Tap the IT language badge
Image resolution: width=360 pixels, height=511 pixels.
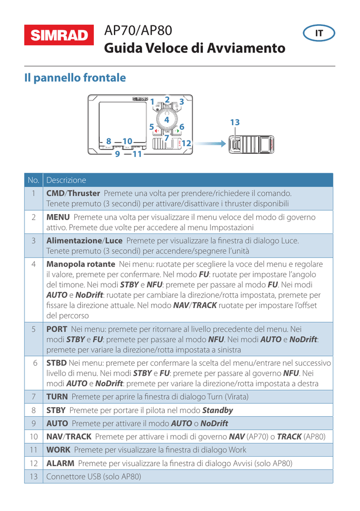pyautogui.click(x=319, y=34)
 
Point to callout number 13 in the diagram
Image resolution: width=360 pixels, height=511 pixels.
pyautogui.click(x=235, y=122)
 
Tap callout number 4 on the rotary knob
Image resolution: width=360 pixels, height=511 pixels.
pyautogui.click(x=167, y=120)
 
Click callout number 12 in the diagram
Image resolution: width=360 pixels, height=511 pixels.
pyautogui.click(x=186, y=143)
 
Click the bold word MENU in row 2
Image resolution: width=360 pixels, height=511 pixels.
pyautogui.click(x=57, y=218)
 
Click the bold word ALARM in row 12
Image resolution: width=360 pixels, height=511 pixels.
pyautogui.click(x=59, y=463)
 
